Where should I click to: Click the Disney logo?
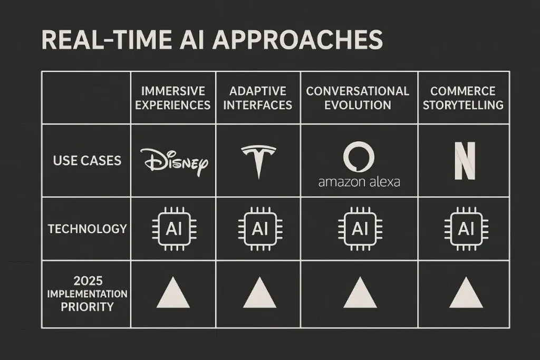pos(174,161)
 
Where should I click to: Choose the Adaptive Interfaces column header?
pos(257,98)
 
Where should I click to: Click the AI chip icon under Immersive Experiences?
pos(173,228)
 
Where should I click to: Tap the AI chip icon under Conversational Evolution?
pos(359,228)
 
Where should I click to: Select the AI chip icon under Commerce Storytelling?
pos(466,228)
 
